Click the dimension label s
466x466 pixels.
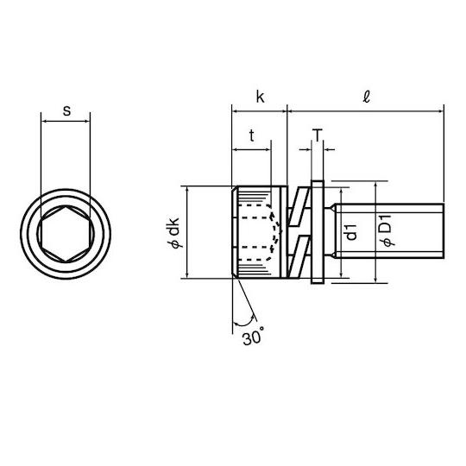coord(67,110)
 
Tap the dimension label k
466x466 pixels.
coord(261,97)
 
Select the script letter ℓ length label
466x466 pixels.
coord(367,97)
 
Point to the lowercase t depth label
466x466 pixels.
coord(252,135)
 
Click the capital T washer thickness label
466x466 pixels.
coord(318,135)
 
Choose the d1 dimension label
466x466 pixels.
coord(351,232)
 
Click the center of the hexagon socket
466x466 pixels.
coord(66,234)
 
